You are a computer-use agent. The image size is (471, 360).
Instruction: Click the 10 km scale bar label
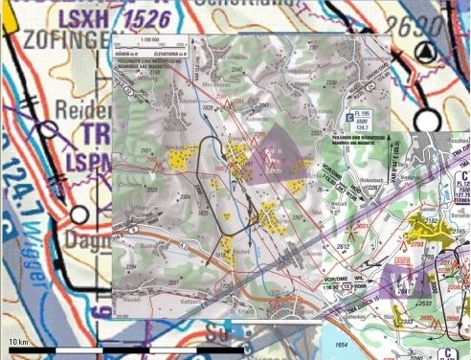[x=16, y=341]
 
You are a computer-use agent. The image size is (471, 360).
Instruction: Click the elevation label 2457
[x=146, y=151]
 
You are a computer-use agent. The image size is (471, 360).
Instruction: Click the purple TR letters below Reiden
[x=94, y=132]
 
